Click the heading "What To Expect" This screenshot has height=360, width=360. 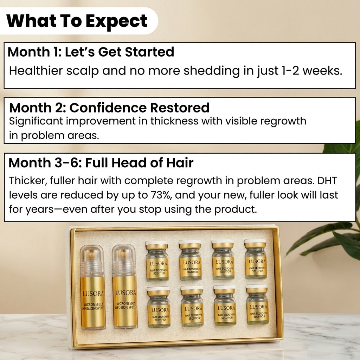[x=77, y=21]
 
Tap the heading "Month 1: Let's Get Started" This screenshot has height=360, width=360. [x=91, y=52]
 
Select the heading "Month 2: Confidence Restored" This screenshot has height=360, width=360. [x=109, y=107]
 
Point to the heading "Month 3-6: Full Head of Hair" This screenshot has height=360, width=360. [x=101, y=163]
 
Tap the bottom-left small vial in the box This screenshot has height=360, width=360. [x=159, y=307]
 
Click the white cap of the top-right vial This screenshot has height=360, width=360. [x=255, y=242]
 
